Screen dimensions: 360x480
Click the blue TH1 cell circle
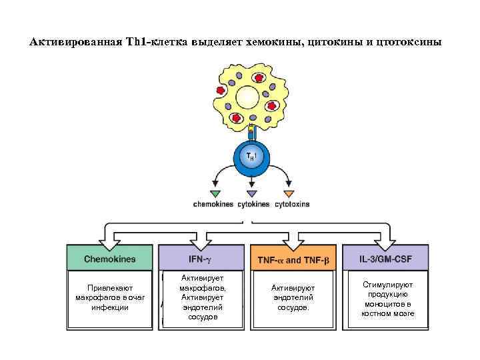(x=251, y=157)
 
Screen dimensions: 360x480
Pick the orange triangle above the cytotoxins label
(x=289, y=193)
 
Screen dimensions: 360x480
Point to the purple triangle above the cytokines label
(x=251, y=193)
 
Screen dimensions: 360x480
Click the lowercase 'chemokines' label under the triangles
(x=214, y=204)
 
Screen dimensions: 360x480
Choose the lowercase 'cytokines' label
(x=253, y=204)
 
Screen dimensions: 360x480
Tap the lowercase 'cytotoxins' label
(x=292, y=204)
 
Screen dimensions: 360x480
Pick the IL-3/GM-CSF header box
(x=385, y=258)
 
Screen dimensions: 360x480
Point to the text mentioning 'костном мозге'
(x=388, y=299)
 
